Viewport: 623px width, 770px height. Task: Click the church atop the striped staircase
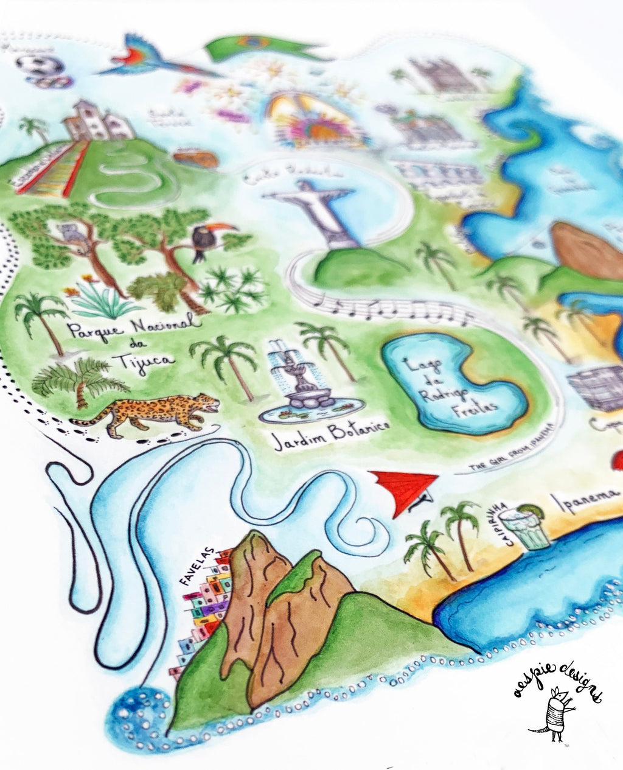click(x=97, y=122)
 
